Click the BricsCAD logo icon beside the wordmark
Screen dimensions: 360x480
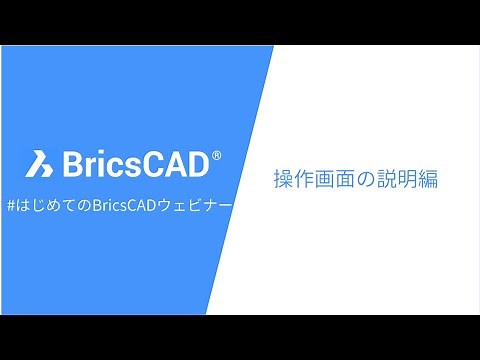pos(41,161)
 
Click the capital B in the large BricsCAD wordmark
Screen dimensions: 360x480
pos(74,161)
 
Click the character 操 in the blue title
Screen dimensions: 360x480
pos(283,181)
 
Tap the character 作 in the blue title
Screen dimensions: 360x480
pos(305,181)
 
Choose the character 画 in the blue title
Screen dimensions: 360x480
pos(327,181)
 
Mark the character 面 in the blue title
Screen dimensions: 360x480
pos(349,181)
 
